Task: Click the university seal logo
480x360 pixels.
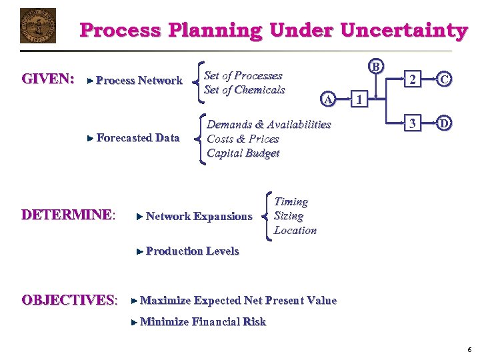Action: [x=38, y=25]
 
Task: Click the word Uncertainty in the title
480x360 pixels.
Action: [x=403, y=31]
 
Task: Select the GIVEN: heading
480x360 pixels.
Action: [x=48, y=79]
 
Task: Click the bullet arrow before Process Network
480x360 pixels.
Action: [x=91, y=81]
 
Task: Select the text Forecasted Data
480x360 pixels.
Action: [x=138, y=138]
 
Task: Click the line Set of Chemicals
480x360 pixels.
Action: [x=244, y=90]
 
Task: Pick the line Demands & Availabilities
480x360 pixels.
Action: [x=269, y=125]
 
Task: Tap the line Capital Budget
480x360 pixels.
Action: [x=243, y=153]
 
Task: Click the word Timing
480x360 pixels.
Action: [x=291, y=201]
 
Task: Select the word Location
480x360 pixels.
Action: [x=295, y=231]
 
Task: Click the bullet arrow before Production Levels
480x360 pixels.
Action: [x=139, y=251]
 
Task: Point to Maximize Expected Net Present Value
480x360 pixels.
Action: [x=238, y=301]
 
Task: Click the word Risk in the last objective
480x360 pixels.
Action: [x=254, y=322]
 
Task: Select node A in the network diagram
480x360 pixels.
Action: [x=327, y=99]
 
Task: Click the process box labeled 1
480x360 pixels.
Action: [x=359, y=101]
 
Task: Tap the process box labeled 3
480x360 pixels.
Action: [x=413, y=123]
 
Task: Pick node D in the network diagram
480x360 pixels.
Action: [x=444, y=123]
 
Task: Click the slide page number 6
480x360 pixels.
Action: [x=469, y=349]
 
